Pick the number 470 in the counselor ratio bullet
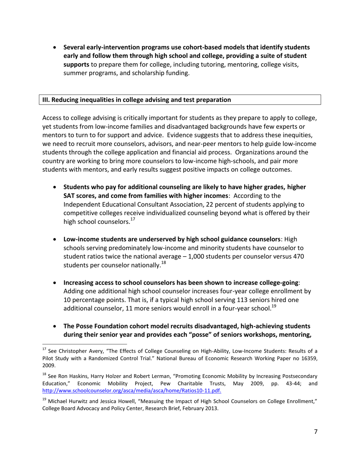[x=297, y=256]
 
